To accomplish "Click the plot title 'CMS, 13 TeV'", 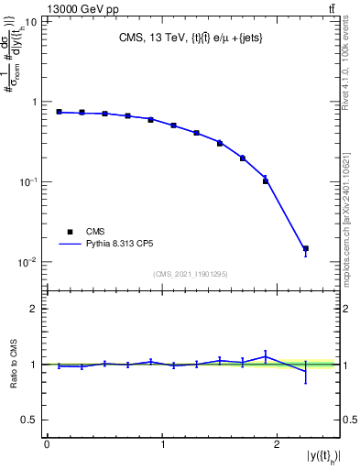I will pyautogui.click(x=151, y=39).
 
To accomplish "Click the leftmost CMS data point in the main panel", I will pyautogui.click(x=59, y=112).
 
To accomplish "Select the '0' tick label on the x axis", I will pyautogui.click(x=47, y=445).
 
